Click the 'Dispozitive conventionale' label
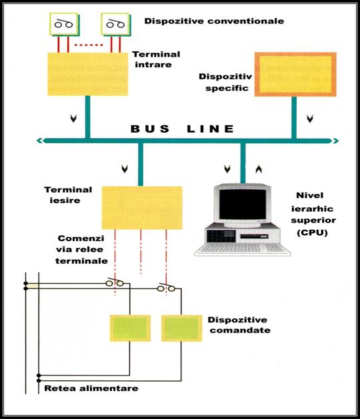(214, 21)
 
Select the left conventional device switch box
(64, 25)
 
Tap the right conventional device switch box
(116, 25)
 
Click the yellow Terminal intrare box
(88, 74)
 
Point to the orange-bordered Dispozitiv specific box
(295, 75)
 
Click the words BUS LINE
(183, 129)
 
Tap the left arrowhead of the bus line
(40, 141)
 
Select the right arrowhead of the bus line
(335, 141)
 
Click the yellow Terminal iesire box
(142, 208)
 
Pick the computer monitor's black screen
(243, 205)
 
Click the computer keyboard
(242, 250)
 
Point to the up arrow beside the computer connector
(259, 169)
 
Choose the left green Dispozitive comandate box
(130, 328)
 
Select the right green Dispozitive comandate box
(181, 328)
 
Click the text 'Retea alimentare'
(91, 388)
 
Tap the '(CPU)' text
(312, 232)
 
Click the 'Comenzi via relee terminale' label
(81, 250)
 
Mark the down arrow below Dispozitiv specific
(310, 119)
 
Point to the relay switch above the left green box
(115, 282)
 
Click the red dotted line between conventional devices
(89, 45)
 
